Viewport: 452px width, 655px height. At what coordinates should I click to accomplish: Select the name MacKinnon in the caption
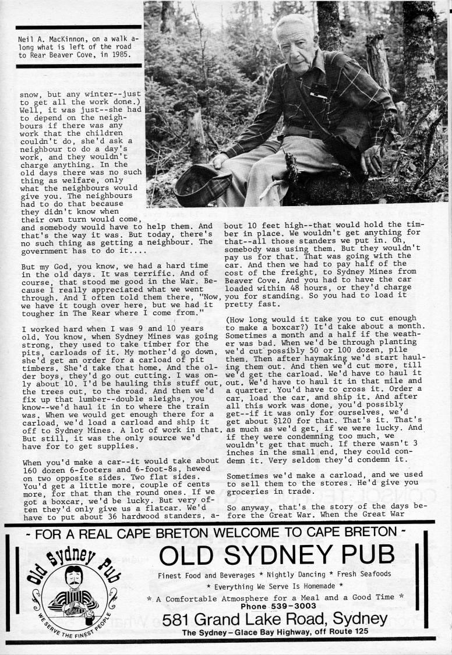(65, 40)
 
